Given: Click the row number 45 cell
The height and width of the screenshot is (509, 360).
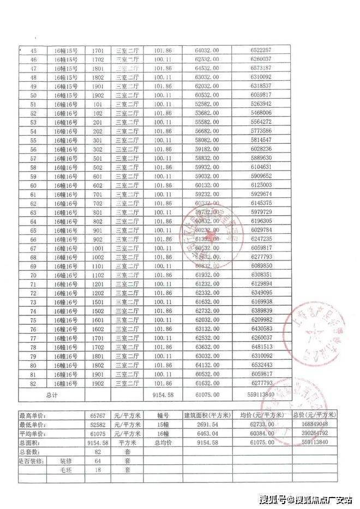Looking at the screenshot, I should coord(33,50).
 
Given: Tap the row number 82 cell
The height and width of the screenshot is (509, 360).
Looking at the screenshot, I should coord(33,384).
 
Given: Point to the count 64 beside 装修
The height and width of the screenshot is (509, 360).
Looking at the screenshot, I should coord(98,460).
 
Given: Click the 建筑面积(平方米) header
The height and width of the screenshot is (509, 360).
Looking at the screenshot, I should coord(208,416).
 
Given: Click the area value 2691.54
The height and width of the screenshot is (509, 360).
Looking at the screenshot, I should coord(208,425).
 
